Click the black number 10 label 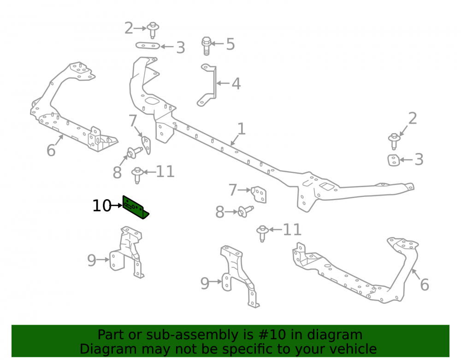(x=102, y=206)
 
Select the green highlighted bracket (x=135, y=207)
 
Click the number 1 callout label (x=241, y=129)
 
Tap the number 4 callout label (x=236, y=84)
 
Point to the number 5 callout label (x=230, y=44)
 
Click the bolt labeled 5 (x=207, y=46)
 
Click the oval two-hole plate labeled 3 (x=148, y=46)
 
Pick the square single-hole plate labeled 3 (x=393, y=160)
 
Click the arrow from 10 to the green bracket (x=117, y=206)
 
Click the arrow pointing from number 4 (x=223, y=83)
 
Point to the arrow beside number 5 (x=218, y=44)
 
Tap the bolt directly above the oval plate (x=153, y=30)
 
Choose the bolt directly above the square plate (x=394, y=142)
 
